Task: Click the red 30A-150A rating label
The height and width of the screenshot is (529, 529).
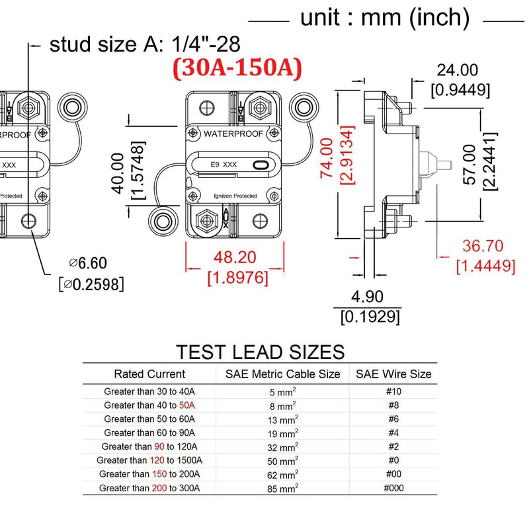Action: pyautogui.click(x=237, y=68)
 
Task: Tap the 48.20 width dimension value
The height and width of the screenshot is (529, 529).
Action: pyautogui.click(x=235, y=257)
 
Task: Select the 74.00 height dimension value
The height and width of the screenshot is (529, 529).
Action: pyautogui.click(x=327, y=158)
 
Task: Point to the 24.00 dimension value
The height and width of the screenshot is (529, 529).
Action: pyautogui.click(x=457, y=70)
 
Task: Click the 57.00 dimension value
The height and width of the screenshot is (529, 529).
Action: pyautogui.click(x=469, y=165)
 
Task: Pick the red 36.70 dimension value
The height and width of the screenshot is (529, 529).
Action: pyautogui.click(x=483, y=245)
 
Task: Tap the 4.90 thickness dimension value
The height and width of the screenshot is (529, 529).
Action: pyautogui.click(x=367, y=297)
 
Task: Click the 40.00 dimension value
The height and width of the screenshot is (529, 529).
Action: pyautogui.click(x=118, y=173)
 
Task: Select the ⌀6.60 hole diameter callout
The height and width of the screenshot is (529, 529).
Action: pyautogui.click(x=88, y=263)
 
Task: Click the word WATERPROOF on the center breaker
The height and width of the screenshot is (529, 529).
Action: pyautogui.click(x=233, y=134)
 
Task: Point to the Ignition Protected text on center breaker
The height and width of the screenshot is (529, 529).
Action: pyautogui.click(x=235, y=196)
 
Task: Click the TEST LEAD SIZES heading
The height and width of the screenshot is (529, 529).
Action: pyautogui.click(x=260, y=352)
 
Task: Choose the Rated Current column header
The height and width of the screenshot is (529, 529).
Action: pyautogui.click(x=149, y=374)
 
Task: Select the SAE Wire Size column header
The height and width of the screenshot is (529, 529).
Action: pyautogui.click(x=393, y=374)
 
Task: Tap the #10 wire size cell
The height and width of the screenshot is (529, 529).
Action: pyautogui.click(x=393, y=391)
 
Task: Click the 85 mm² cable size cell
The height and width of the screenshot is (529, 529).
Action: pyautogui.click(x=283, y=488)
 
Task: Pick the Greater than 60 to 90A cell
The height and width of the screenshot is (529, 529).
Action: pyautogui.click(x=149, y=432)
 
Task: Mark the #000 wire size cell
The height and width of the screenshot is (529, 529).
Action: pyautogui.click(x=393, y=488)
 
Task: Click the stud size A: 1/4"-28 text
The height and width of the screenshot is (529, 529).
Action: pyautogui.click(x=145, y=44)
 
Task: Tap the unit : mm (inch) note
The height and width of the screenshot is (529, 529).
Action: pyautogui.click(x=385, y=18)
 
